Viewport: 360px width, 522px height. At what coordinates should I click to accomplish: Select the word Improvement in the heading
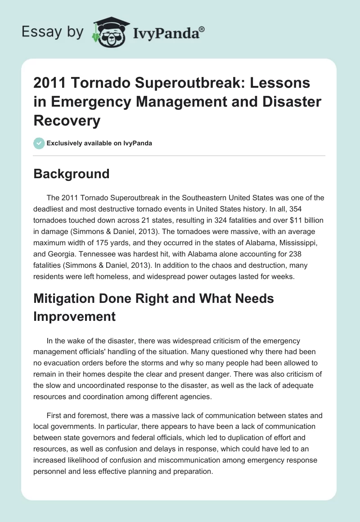pyautogui.click(x=75, y=316)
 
